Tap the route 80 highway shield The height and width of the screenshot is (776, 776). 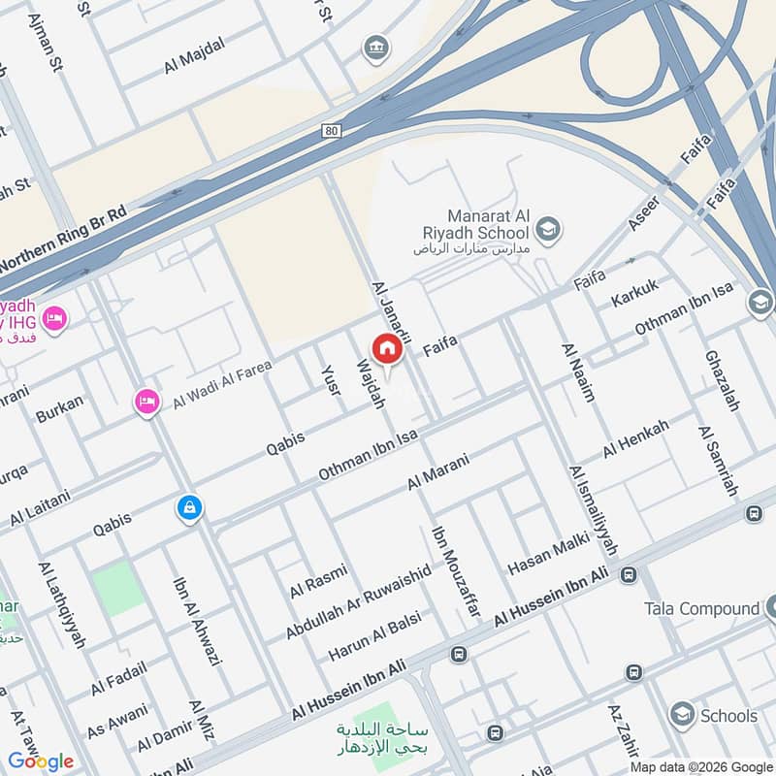click(334, 130)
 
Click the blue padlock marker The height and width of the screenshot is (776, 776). click(189, 506)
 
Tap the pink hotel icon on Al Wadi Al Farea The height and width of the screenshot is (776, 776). click(146, 401)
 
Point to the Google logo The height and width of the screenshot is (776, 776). click(41, 760)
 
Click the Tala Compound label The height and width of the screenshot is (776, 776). click(701, 608)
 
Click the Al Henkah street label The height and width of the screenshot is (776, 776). click(635, 439)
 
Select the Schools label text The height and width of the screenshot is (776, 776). click(728, 716)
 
